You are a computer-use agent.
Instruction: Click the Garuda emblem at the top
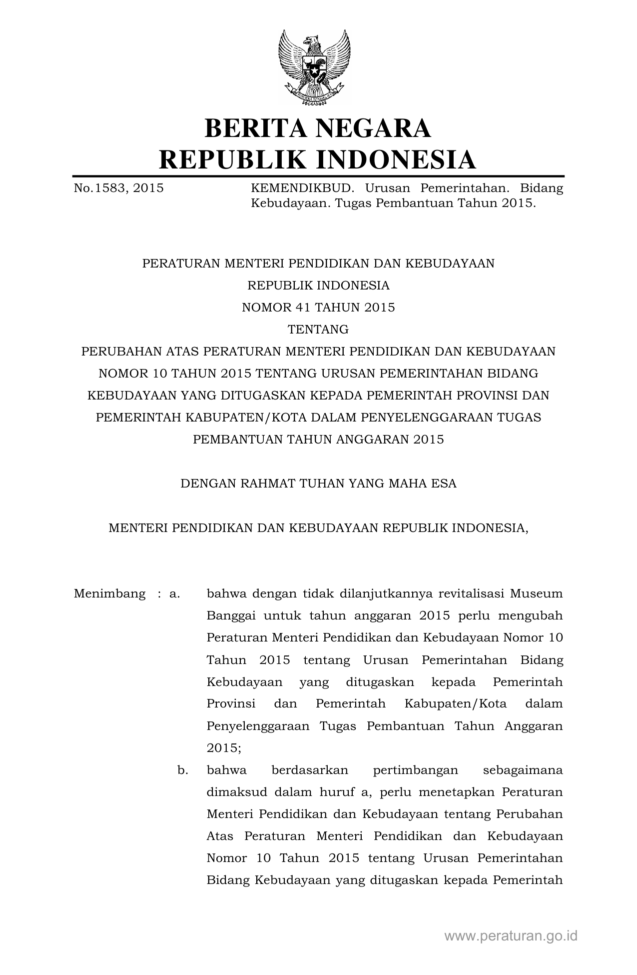314,67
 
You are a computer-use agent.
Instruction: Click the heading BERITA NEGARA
318,128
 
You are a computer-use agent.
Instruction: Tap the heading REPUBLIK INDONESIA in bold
318,159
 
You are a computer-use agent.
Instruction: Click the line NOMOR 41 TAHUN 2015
318,307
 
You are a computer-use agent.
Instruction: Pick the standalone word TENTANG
318,329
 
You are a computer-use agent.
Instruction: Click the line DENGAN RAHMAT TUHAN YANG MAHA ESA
318,483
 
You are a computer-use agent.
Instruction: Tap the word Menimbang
110,594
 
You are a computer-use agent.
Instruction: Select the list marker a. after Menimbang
175,594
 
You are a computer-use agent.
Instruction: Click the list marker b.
183,770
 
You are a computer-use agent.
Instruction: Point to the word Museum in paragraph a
536,594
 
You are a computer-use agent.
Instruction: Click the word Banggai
231,616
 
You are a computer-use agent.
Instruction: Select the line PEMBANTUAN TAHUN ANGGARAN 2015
318,439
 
